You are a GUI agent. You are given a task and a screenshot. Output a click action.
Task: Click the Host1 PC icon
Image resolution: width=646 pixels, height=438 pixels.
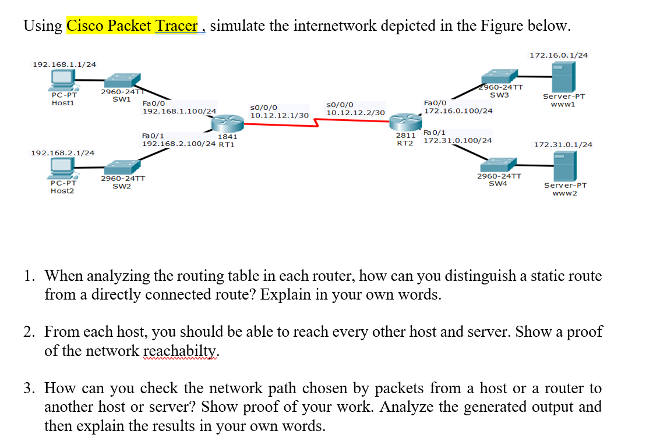pyautogui.click(x=62, y=80)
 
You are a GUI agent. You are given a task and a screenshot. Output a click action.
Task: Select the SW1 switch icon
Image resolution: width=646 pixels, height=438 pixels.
pyautogui.click(x=122, y=80)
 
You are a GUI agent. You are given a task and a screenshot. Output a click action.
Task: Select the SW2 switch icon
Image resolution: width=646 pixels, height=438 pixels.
pyautogui.click(x=122, y=165)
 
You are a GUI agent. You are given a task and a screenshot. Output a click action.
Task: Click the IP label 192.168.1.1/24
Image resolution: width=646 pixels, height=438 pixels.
pyautogui.click(x=65, y=64)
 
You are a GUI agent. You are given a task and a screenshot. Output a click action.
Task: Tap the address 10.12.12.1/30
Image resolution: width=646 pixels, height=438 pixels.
pyautogui.click(x=279, y=115)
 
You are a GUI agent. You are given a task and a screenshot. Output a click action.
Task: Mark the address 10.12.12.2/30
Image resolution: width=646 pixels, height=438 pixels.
pyautogui.click(x=355, y=112)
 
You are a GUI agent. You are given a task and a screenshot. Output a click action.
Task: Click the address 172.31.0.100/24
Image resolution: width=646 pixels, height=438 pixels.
pyautogui.click(x=458, y=140)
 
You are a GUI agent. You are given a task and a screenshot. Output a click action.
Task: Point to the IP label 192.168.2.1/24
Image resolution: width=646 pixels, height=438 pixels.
pyautogui.click(x=62, y=152)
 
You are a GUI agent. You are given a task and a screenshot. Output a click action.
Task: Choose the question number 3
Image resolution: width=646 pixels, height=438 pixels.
pyautogui.click(x=29, y=388)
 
